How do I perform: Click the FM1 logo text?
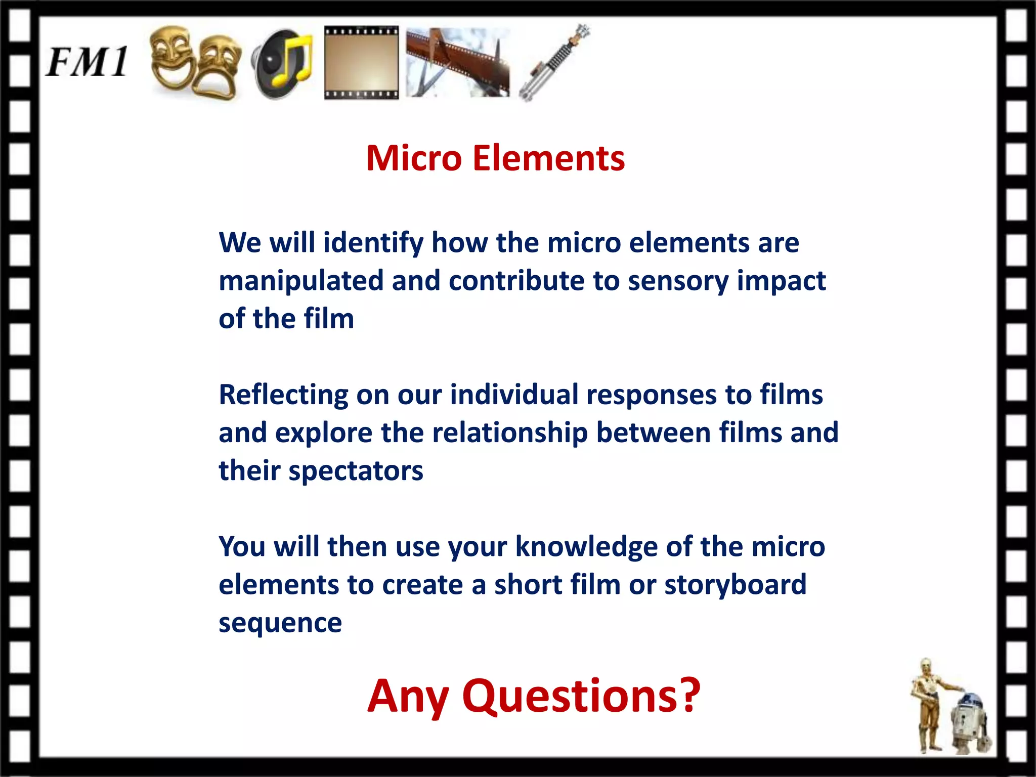tap(87, 62)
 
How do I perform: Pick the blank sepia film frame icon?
tap(361, 62)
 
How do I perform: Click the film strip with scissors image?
tap(457, 62)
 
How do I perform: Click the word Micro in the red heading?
tap(414, 158)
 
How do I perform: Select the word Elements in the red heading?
tap(549, 158)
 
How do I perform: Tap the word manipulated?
tap(301, 281)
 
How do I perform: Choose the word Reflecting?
tap(283, 395)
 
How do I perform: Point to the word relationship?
tap(509, 434)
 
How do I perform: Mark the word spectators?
tap(356, 471)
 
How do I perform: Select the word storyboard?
tap(735, 585)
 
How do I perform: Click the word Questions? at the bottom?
tap(581, 697)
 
